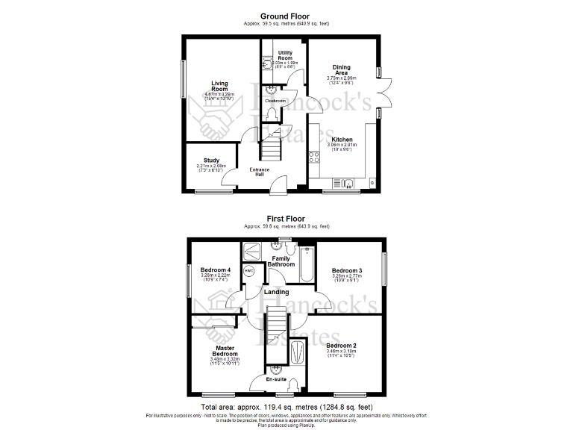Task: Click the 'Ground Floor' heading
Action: [x=285, y=16]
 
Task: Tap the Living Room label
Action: [x=219, y=87]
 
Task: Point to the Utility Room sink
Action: [x=268, y=64]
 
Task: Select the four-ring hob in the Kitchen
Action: [x=314, y=158]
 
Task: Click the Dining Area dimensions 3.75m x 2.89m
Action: [x=342, y=78]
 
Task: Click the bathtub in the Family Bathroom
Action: [x=307, y=267]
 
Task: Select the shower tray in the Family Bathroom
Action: [x=252, y=249]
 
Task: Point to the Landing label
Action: [x=277, y=292]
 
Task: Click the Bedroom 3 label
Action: [x=347, y=270]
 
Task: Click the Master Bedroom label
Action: [x=225, y=351]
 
